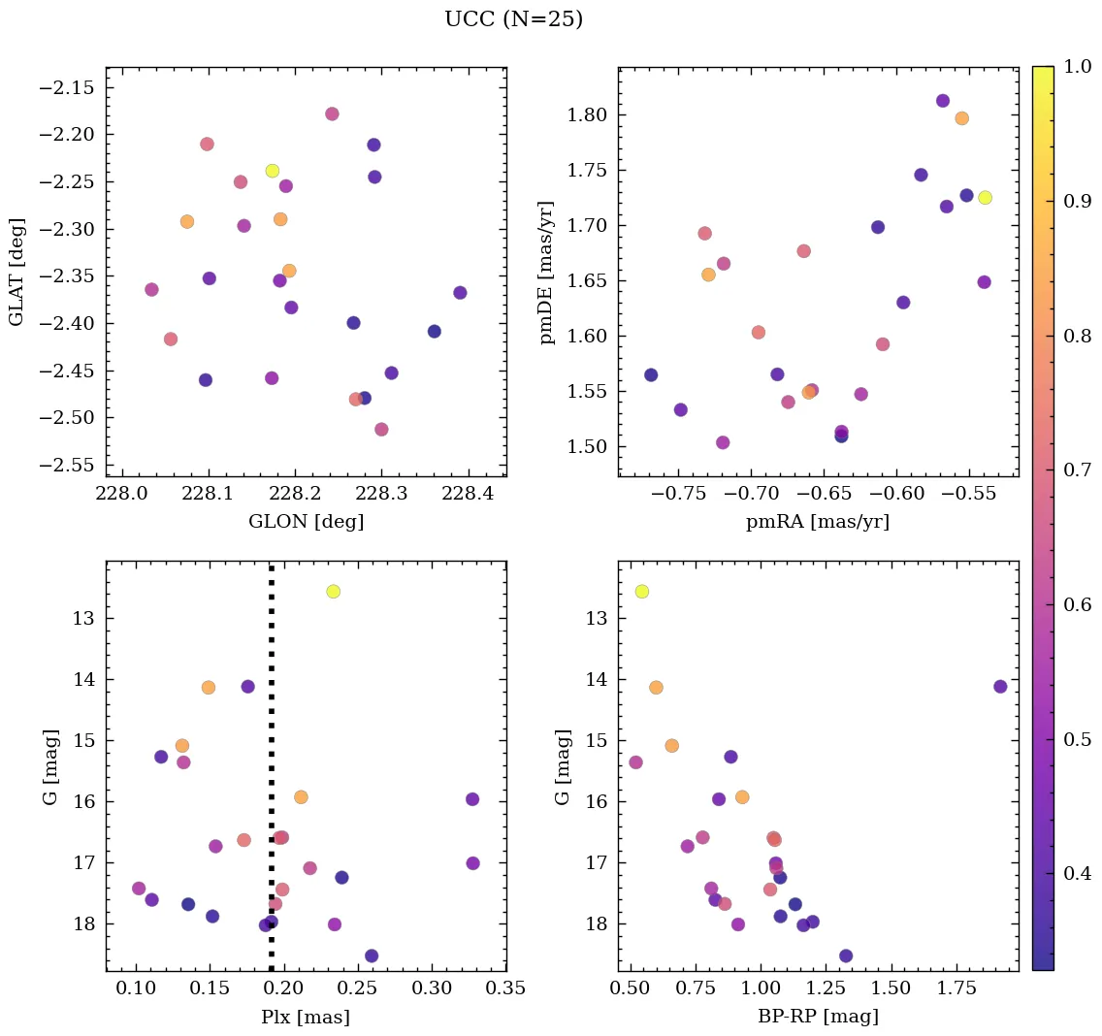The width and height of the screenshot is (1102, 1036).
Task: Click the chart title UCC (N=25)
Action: (x=513, y=19)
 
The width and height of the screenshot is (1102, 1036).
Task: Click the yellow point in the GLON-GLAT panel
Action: (x=273, y=171)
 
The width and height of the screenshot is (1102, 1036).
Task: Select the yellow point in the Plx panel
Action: (x=334, y=592)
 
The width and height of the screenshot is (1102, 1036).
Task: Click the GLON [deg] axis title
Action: (x=307, y=522)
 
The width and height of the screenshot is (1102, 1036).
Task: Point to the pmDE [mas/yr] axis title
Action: (x=548, y=273)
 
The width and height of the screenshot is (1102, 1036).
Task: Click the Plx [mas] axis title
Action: (x=307, y=1018)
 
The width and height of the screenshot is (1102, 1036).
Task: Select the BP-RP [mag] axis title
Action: (x=819, y=1018)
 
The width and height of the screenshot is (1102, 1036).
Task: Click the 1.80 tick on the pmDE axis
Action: (x=585, y=115)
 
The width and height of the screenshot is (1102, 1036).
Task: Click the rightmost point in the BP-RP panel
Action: (x=1000, y=687)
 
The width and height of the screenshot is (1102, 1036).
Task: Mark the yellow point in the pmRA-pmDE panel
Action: (x=985, y=198)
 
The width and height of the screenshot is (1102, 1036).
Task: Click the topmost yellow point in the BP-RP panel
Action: (x=641, y=592)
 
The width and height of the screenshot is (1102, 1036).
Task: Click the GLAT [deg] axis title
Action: (x=16, y=273)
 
